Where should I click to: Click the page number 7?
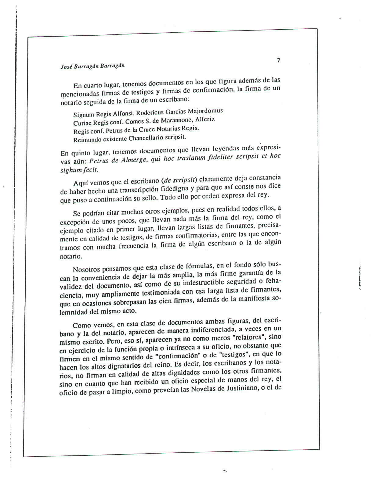pos(278,60)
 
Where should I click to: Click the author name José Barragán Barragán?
pos(92,66)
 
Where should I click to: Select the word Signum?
pos(83,115)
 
